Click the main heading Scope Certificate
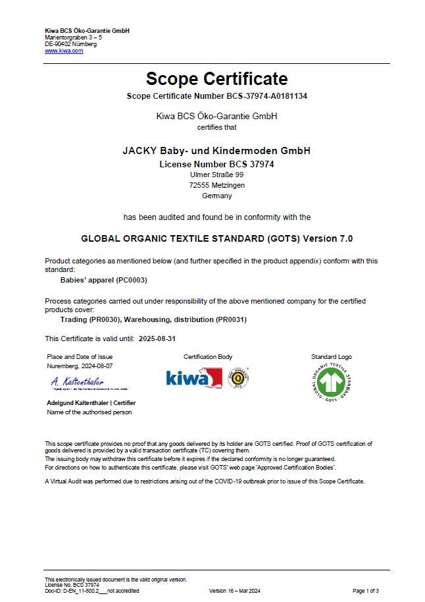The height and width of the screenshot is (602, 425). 216,79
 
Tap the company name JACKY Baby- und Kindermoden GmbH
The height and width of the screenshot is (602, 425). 216,151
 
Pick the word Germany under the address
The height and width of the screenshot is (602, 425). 216,196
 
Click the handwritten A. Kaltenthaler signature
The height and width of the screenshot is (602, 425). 77,381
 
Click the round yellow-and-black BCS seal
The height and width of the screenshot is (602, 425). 238,378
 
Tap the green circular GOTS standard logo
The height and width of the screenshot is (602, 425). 331,383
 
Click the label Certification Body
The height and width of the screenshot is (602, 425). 208,357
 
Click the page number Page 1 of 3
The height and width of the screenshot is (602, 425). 366,591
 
